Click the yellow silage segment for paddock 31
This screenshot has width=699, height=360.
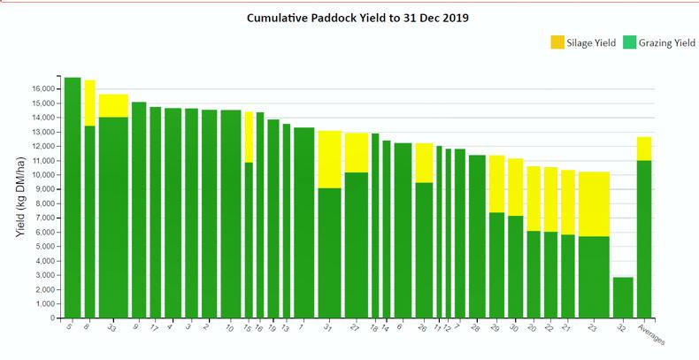329,159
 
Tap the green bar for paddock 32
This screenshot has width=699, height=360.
623,297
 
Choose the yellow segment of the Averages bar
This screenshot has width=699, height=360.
644,149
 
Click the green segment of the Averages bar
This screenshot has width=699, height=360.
644,239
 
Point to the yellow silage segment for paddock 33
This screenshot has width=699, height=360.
113,105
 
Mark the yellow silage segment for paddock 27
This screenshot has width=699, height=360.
357,152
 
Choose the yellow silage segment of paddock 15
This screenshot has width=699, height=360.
249,137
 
